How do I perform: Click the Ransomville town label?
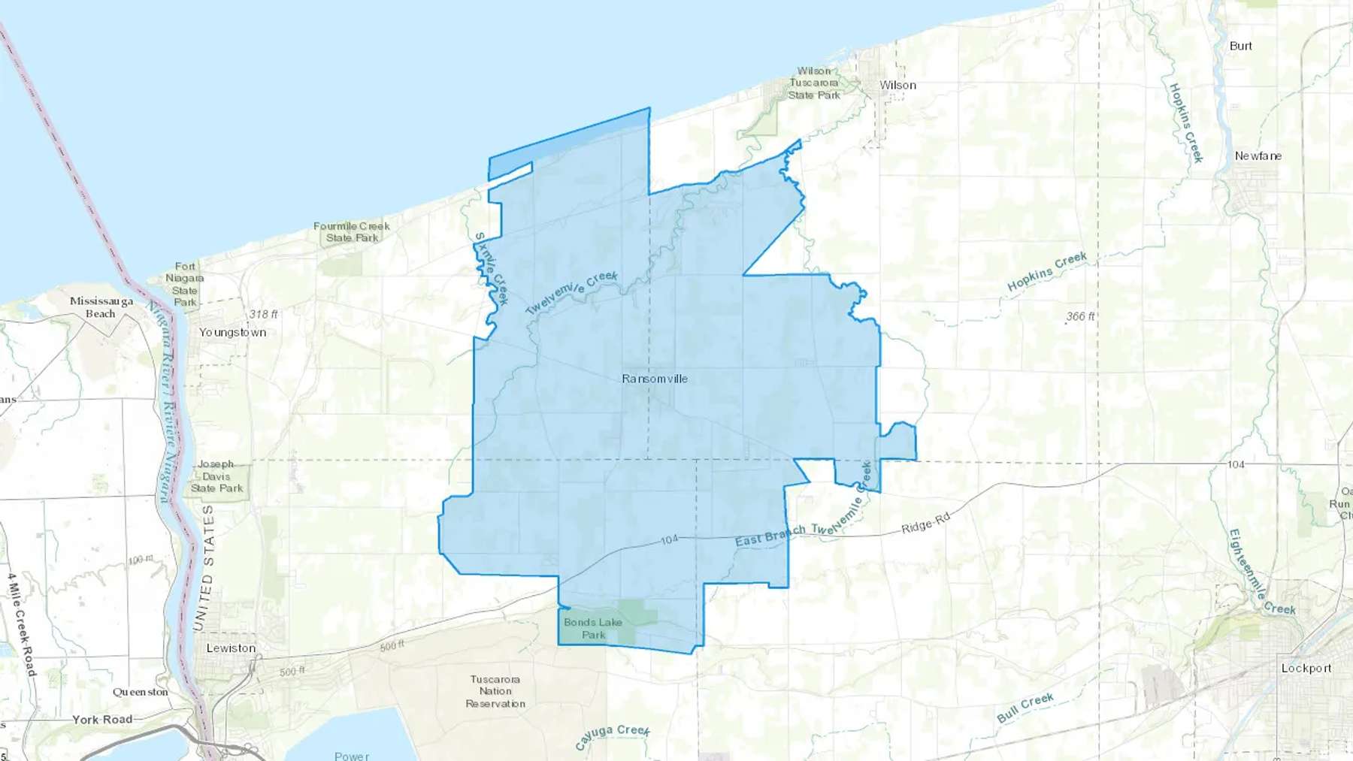pos(654,379)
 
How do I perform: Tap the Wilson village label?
pos(898,86)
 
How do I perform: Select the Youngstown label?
pos(232,332)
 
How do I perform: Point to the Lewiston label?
pos(231,648)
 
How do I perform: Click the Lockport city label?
pos(1306,668)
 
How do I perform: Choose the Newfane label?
pos(1258,156)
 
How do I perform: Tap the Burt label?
pos(1240,46)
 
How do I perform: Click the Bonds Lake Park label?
pos(593,628)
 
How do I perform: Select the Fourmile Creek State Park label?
pos(352,232)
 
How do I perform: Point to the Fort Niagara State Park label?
pos(185,284)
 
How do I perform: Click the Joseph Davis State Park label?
pos(216,476)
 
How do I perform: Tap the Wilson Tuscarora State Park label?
pos(814,83)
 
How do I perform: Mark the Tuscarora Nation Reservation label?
pos(495,691)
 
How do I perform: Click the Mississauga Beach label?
pos(101,307)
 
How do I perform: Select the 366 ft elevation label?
pos(1079,316)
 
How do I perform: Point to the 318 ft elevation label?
pos(263,314)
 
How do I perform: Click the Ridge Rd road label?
pos(925,523)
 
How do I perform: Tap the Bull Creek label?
pos(1025,708)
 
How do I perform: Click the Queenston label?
pos(141,692)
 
